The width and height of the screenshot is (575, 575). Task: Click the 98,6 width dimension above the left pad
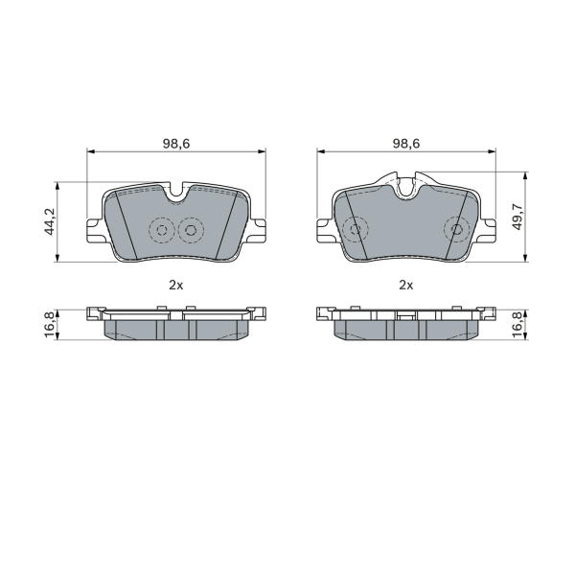point(176,144)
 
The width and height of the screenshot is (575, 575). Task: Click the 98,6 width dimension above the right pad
point(406,144)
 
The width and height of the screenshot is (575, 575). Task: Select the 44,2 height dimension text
point(49,221)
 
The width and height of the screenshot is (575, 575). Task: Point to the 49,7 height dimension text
point(517,218)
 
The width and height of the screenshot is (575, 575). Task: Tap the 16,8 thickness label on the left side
point(49,325)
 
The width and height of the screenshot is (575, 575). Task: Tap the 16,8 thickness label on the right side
point(517,325)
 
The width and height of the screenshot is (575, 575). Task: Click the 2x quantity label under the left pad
point(176,285)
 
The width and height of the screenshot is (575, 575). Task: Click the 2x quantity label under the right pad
point(406,285)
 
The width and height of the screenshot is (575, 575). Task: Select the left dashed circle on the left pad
point(162,230)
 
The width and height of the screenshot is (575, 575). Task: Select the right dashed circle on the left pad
point(191,230)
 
